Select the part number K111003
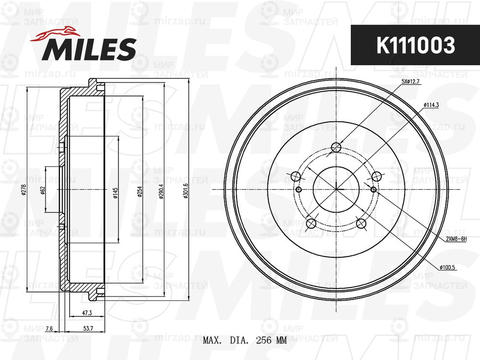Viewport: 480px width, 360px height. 415,46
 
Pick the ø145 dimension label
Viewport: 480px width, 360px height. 115,192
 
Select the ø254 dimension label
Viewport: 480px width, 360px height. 140,192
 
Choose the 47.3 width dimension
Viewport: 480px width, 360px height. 87,313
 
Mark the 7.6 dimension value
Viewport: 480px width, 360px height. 49,329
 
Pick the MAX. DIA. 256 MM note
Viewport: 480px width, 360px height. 245,341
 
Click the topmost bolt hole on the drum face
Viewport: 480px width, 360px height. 337,147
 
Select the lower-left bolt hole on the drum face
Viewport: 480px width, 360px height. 311,223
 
